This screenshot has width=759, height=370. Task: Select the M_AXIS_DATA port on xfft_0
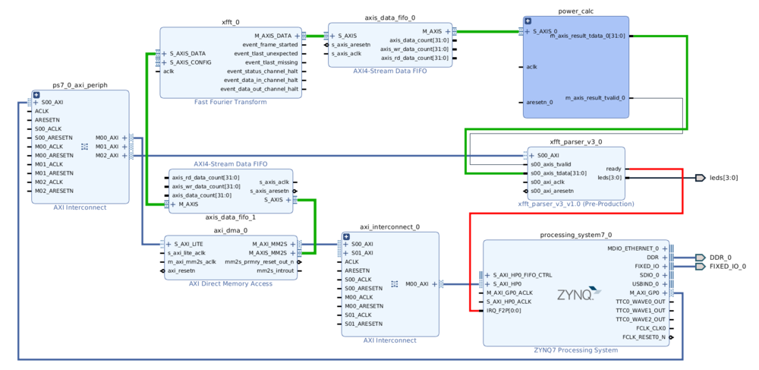click(272, 36)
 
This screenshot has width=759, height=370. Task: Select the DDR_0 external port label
click(720, 257)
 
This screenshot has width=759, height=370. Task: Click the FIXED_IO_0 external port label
click(727, 266)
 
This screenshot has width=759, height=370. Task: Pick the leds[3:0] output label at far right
click(723, 178)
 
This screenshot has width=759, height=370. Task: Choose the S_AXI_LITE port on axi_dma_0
click(187, 244)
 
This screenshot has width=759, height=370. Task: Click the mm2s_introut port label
click(274, 270)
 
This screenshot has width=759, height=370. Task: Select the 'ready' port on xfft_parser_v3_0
click(613, 169)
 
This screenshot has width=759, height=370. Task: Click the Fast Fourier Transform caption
click(230, 102)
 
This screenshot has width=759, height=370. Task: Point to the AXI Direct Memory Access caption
click(230, 283)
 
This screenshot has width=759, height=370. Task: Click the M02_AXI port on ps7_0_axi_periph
click(107, 156)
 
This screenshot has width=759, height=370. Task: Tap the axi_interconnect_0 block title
click(389, 226)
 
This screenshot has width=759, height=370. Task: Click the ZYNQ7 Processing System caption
click(575, 350)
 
